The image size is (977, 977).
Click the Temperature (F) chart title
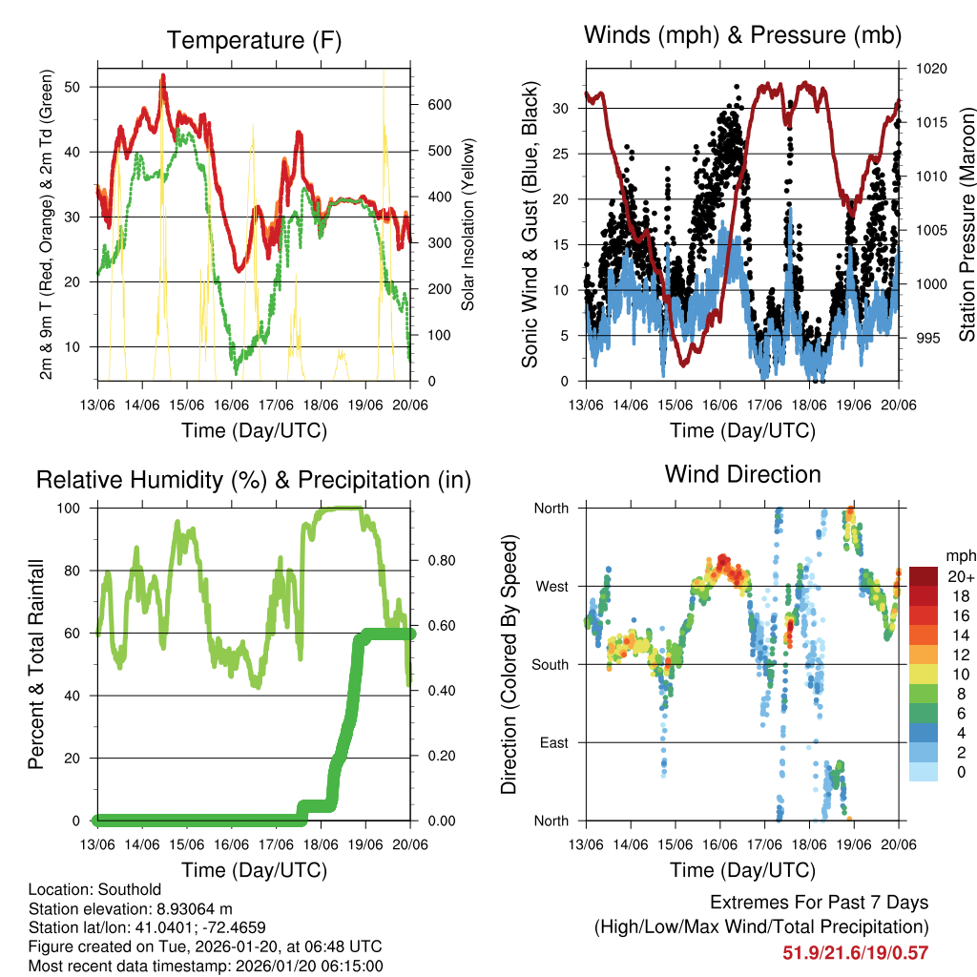coord(254,40)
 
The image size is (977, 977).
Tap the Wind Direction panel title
coord(742,474)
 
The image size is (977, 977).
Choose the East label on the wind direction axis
coord(554,742)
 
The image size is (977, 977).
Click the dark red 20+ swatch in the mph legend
coord(924,576)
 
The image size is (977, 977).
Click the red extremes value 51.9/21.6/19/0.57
coord(855,952)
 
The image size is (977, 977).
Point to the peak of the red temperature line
coord(163,76)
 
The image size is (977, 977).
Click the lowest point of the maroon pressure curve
coord(683,364)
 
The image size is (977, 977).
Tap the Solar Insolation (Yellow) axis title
coord(468,224)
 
